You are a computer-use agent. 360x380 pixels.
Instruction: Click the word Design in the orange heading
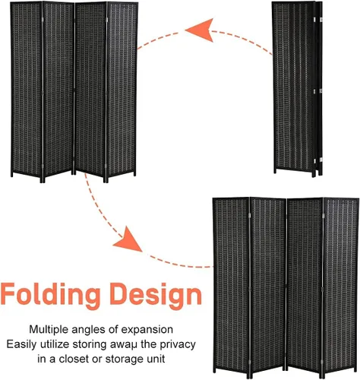click(x=156, y=294)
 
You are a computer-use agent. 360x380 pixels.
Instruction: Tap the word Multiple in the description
click(x=49, y=330)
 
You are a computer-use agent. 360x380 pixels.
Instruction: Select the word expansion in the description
click(x=147, y=331)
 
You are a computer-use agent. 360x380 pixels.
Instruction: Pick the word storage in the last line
click(x=124, y=359)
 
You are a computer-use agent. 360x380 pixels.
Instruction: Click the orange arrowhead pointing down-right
click(x=128, y=240)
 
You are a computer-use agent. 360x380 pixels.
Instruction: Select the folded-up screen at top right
click(x=298, y=89)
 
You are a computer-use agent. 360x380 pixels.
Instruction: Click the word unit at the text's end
click(x=156, y=359)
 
